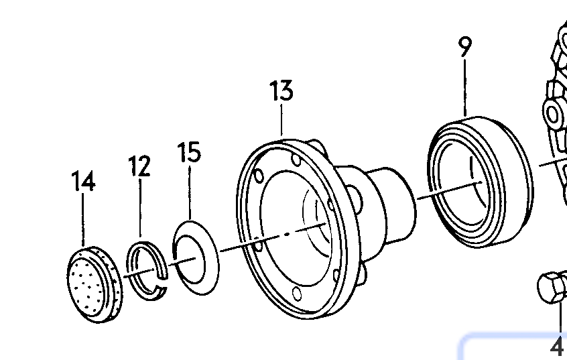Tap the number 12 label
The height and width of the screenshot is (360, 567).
pos(139,166)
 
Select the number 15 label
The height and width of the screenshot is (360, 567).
pos(189,152)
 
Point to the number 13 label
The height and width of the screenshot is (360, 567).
pos(281,91)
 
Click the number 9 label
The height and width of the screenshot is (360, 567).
pos(465,46)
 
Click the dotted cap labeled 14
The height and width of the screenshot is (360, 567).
pos(94,284)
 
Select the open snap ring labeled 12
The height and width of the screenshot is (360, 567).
pos(147,271)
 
